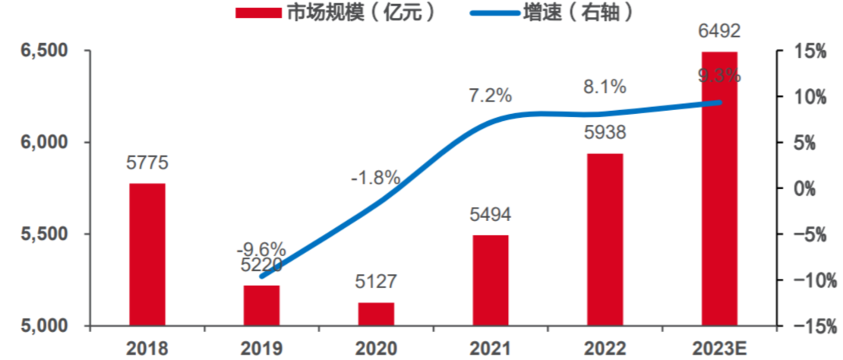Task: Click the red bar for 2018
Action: pos(147,254)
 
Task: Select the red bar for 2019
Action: pos(261,305)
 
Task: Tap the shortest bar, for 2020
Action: pos(376,314)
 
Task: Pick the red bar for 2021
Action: pos(490,280)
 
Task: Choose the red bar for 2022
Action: pos(605,239)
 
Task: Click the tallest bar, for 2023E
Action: pos(719,188)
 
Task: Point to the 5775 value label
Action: pos(147,164)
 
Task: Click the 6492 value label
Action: pos(719,33)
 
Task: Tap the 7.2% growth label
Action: pos(490,96)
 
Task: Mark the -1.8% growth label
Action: pos(375,177)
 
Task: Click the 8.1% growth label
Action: pos(605,87)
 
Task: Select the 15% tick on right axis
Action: pos(811,52)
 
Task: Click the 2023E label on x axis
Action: pos(719,348)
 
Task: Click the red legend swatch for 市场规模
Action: pos(257,13)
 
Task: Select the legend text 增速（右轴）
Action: pos(577,12)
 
